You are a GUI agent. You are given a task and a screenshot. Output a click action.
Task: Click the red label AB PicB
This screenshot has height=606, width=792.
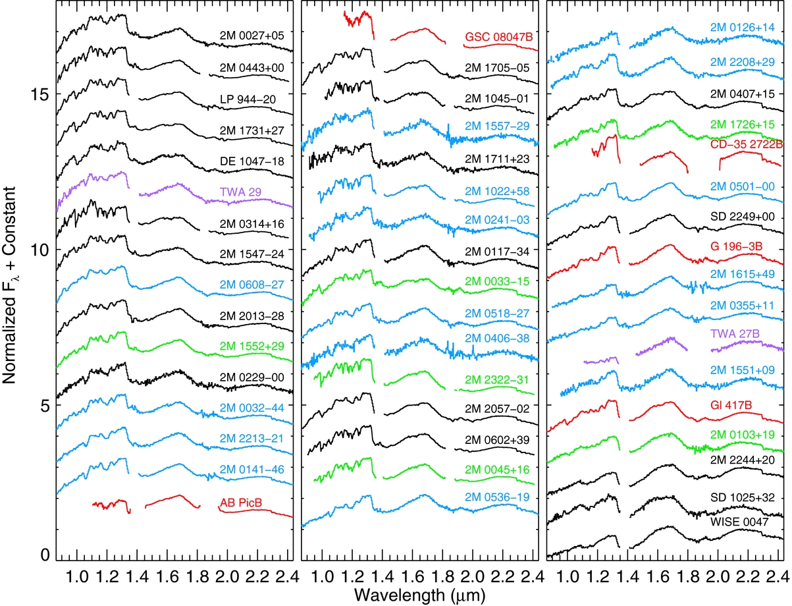241,503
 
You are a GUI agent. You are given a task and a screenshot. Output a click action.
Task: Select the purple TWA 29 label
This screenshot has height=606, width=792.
241,192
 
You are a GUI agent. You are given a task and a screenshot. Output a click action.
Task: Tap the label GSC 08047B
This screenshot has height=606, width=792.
499,37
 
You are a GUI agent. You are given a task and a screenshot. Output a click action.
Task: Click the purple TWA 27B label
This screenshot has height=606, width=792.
735,334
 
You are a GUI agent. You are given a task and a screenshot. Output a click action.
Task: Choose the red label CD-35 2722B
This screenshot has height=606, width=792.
747,144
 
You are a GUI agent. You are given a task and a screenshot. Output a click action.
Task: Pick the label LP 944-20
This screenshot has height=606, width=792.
248,99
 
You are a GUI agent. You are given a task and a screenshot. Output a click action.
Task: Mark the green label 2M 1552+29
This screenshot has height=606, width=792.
252,346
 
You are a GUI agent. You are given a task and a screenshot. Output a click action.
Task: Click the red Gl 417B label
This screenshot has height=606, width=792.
731,405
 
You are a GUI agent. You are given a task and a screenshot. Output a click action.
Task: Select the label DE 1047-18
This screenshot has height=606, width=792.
252,161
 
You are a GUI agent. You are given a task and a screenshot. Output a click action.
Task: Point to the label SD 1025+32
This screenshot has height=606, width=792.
743,498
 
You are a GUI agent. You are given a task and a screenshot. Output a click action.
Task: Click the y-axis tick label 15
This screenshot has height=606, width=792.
40,95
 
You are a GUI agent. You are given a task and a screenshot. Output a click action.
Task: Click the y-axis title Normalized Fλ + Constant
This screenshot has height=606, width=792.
10,285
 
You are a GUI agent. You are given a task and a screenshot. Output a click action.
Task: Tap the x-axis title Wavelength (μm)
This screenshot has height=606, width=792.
419,595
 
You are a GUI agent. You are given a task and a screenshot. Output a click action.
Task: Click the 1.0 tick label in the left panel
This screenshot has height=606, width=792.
77,577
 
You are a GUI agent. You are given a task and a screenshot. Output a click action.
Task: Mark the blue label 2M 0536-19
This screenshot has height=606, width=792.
497,497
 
